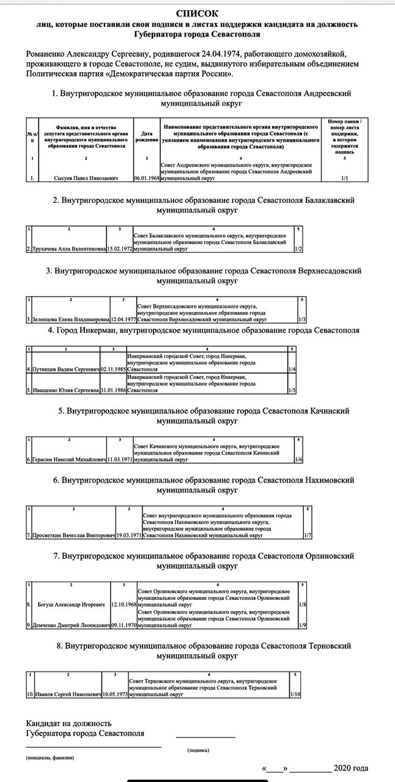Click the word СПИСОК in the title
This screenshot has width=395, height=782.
tap(197, 13)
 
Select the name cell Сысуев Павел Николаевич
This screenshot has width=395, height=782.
tap(85, 179)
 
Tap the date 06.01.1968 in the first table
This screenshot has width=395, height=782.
tap(146, 179)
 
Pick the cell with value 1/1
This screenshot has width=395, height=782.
tap(345, 179)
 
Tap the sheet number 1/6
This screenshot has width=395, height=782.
tap(298, 459)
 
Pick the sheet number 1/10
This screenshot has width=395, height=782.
tap(295, 695)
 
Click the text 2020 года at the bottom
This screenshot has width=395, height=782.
tap(351, 768)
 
